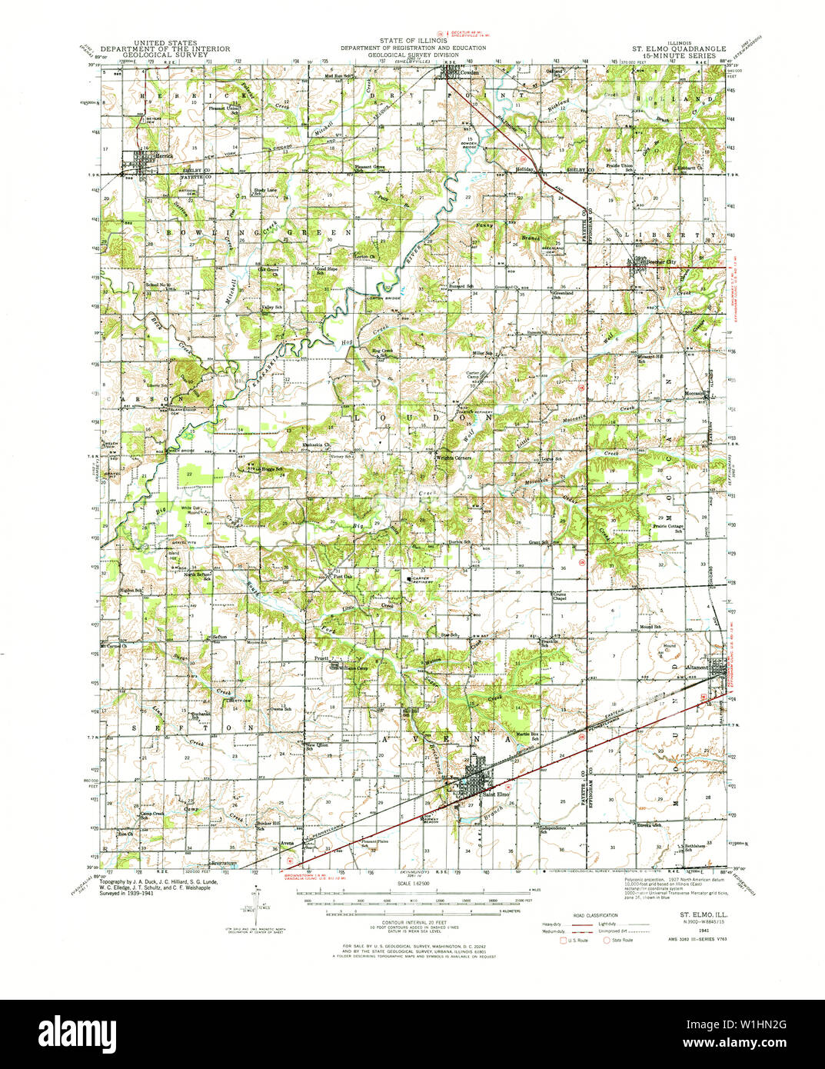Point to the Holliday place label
click(524, 168)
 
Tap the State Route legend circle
click(607, 940)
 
